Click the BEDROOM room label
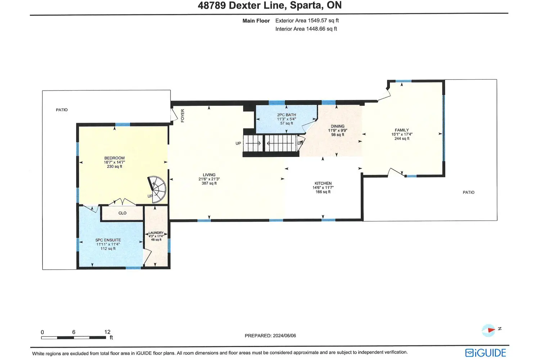(114, 158)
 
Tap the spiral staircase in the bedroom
(157, 189)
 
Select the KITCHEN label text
(323, 183)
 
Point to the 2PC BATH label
(287, 115)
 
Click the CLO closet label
(122, 213)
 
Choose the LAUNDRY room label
(156, 233)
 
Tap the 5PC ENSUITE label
(108, 240)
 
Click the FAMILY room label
(402, 130)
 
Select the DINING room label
(338, 126)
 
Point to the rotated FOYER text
(183, 116)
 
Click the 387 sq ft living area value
(209, 183)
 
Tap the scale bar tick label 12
(107, 332)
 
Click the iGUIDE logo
(486, 353)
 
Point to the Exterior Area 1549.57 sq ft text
(307, 21)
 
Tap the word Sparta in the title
(306, 5)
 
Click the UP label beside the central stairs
(238, 144)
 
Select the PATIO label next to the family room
(469, 192)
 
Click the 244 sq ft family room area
(402, 139)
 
